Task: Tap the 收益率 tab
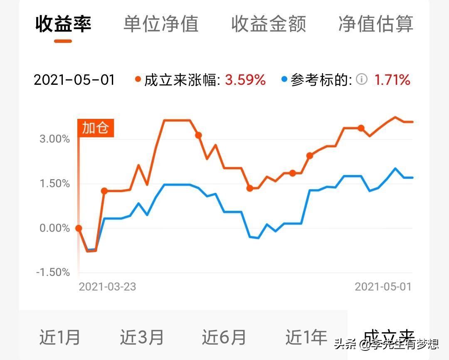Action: [63, 24]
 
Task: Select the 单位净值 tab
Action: [161, 24]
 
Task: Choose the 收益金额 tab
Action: [269, 24]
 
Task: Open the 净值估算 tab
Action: [376, 24]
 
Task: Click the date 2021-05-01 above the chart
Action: [74, 79]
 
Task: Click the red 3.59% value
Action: [245, 79]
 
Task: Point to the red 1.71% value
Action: [392, 79]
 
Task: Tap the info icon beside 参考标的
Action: [362, 79]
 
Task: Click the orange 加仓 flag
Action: [96, 128]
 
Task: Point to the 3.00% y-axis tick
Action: [55, 139]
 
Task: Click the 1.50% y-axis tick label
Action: [55, 184]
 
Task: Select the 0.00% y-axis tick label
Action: [55, 228]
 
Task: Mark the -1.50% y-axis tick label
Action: [53, 273]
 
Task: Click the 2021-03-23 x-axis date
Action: [107, 286]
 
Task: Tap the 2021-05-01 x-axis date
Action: [383, 286]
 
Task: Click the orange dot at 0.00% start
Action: [79, 228]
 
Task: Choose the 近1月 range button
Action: [60, 337]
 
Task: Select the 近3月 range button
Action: [142, 337]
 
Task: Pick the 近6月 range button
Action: [224, 337]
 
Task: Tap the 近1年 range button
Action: [306, 337]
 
